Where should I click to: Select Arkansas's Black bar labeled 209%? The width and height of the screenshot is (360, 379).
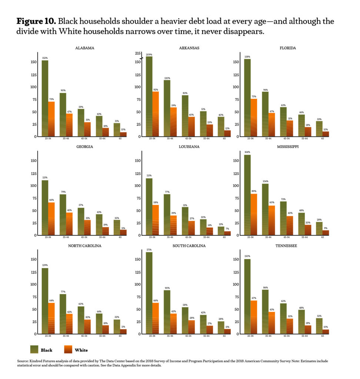pos(149,96)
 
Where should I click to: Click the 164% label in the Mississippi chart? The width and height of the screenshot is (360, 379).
pos(247,152)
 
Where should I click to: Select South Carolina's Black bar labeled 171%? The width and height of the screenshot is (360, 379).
pos(149,292)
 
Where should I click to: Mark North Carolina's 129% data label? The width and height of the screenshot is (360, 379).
pos(45,265)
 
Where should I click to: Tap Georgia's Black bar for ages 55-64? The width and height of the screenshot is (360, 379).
pos(99,224)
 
